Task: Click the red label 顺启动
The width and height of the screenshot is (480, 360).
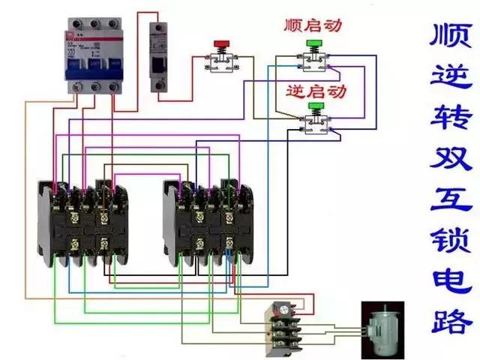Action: tap(313, 25)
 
